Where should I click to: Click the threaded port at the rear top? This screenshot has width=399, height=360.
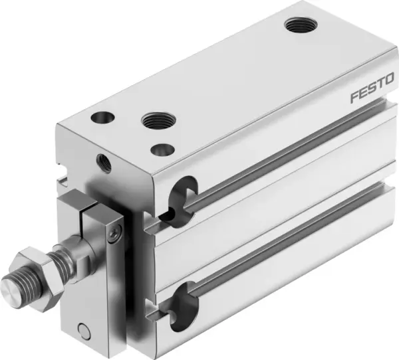(x=296, y=26)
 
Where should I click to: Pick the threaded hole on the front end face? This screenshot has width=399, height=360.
(x=103, y=160)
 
